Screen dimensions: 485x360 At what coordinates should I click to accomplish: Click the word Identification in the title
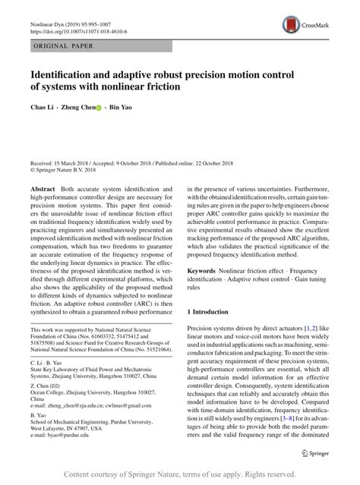point(68,75)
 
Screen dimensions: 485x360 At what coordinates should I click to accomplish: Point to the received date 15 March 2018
point(75,162)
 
